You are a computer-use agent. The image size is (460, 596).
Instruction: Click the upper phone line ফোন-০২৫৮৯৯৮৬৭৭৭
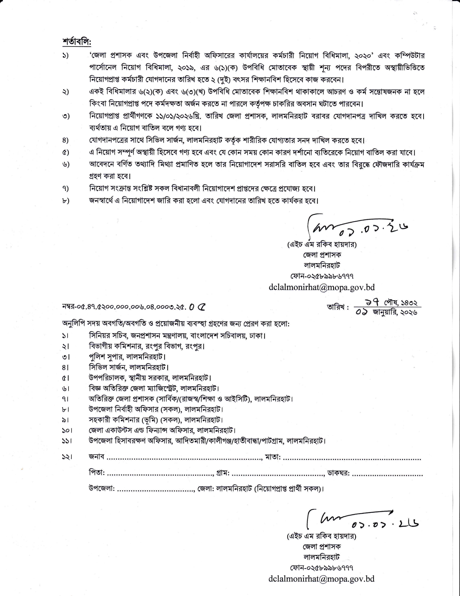pos(322,276)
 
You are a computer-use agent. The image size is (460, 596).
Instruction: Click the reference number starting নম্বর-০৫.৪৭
pos(134,307)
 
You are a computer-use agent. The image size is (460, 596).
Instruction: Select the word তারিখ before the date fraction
pos(338,307)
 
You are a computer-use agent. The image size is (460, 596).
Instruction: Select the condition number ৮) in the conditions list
pos(65,201)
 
